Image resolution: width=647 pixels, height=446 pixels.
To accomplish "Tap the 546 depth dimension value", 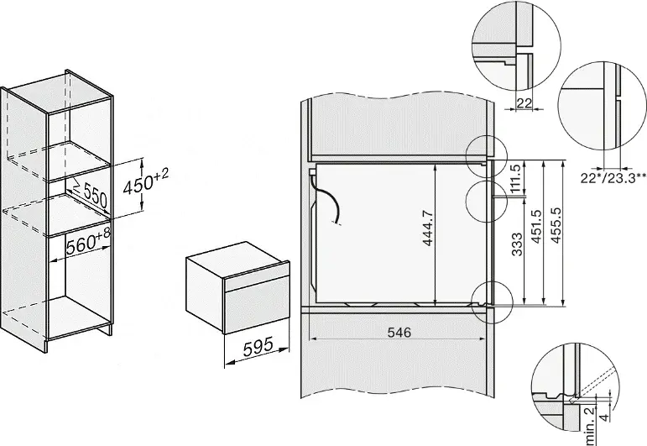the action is click(399, 333).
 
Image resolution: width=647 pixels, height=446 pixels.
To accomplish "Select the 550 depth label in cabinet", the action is click(93, 198).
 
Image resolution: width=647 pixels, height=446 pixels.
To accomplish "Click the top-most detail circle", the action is click(510, 41).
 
